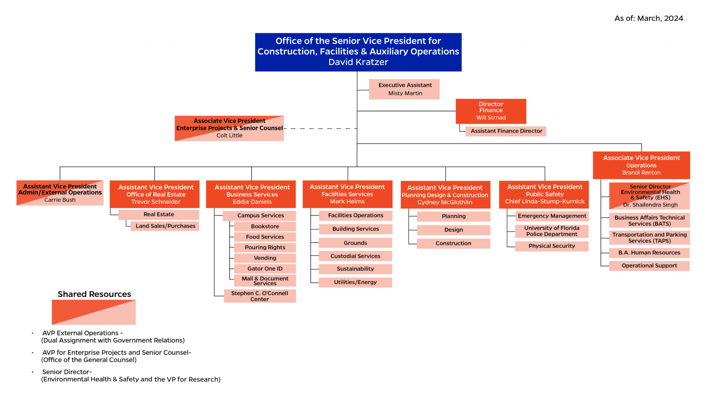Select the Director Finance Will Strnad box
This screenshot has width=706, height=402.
491,111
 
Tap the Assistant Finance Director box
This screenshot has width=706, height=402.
506,131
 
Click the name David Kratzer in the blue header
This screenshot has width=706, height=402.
358,62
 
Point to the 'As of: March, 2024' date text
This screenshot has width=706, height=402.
648,19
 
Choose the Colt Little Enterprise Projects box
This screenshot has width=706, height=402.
229,128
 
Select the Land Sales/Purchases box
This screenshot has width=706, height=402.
165,226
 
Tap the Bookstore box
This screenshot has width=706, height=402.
265,226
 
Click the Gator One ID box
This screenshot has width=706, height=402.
265,269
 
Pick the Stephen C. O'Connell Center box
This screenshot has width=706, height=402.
260,296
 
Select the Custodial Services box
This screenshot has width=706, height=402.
355,256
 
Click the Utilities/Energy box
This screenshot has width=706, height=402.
355,282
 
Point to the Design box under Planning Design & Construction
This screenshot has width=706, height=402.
453,230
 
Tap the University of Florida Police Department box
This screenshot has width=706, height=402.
552,231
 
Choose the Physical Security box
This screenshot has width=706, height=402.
552,246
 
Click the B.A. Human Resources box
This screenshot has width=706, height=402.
649,253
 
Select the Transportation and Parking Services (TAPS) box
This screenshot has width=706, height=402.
649,238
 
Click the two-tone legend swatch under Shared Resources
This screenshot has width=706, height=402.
94,312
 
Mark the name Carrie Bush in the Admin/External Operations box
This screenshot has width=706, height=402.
60,200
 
